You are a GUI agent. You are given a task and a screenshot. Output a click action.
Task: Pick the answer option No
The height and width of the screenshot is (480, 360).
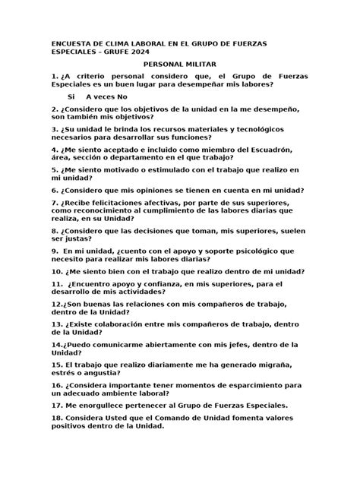click(x=123, y=97)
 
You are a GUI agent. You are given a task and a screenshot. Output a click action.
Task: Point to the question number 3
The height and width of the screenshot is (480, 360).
click(x=55, y=130)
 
